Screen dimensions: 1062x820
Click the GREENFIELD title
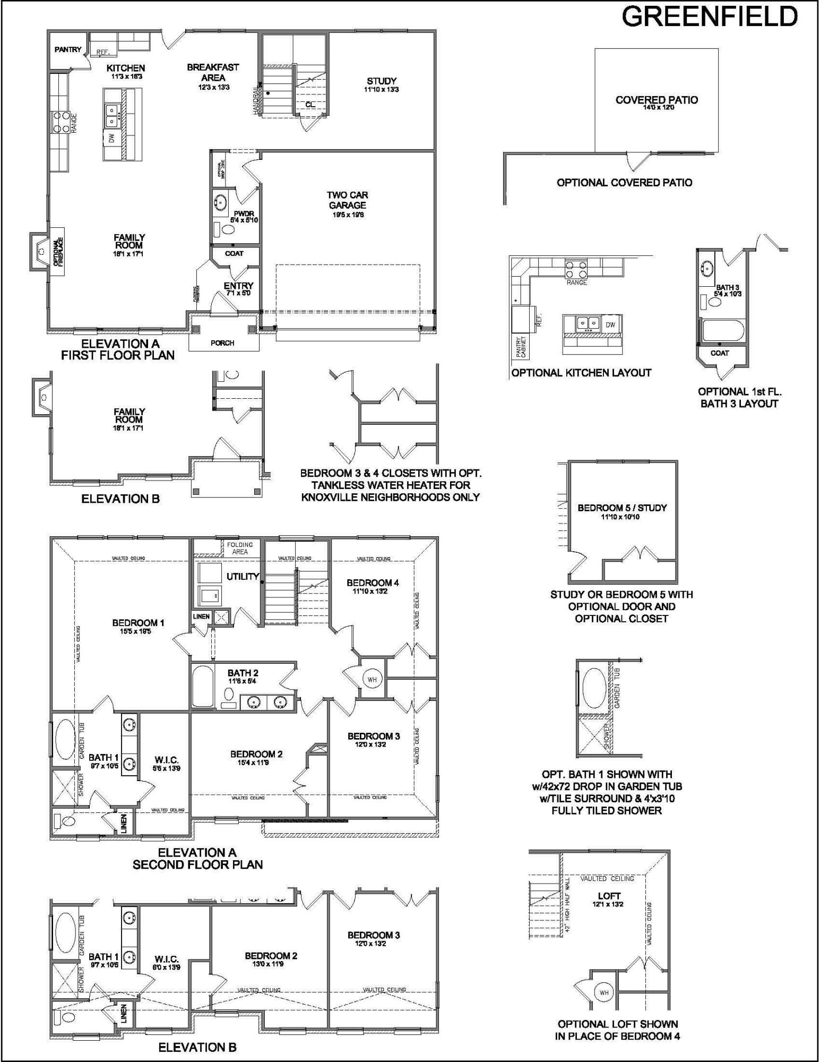(x=710, y=17)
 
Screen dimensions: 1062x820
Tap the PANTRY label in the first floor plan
(x=68, y=50)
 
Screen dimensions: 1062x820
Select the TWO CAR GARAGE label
(x=348, y=200)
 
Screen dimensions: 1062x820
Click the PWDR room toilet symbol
(x=228, y=230)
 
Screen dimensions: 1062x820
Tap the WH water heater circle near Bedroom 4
(x=372, y=679)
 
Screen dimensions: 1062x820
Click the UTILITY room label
(x=243, y=576)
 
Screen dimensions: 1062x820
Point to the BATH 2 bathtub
(x=202, y=686)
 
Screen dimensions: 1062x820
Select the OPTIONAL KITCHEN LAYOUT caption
(x=581, y=373)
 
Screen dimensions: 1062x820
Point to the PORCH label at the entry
(x=222, y=343)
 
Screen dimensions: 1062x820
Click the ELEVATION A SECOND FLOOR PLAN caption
(x=197, y=859)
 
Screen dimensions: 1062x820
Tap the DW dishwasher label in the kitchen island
(x=111, y=139)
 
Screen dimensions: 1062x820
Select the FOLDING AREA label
(x=240, y=548)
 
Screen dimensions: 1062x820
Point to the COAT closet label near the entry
(x=234, y=253)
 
